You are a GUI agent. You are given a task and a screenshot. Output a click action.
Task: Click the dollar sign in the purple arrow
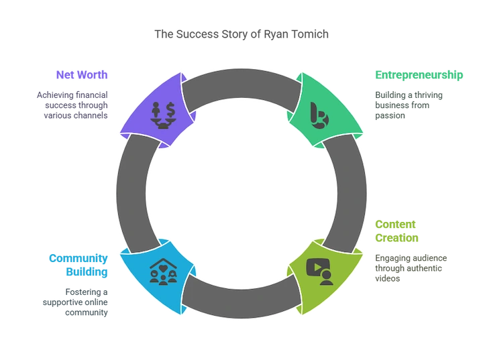click(x=171, y=107)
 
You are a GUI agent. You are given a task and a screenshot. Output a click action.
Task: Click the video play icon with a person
click(x=320, y=271)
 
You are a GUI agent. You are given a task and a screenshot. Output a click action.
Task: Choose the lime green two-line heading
click(x=396, y=231)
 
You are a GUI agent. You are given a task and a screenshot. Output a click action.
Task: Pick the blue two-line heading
click(x=87, y=263)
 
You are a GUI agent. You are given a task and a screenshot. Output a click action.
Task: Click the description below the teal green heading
click(x=407, y=105)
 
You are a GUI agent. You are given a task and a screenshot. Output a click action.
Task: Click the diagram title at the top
click(x=241, y=34)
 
